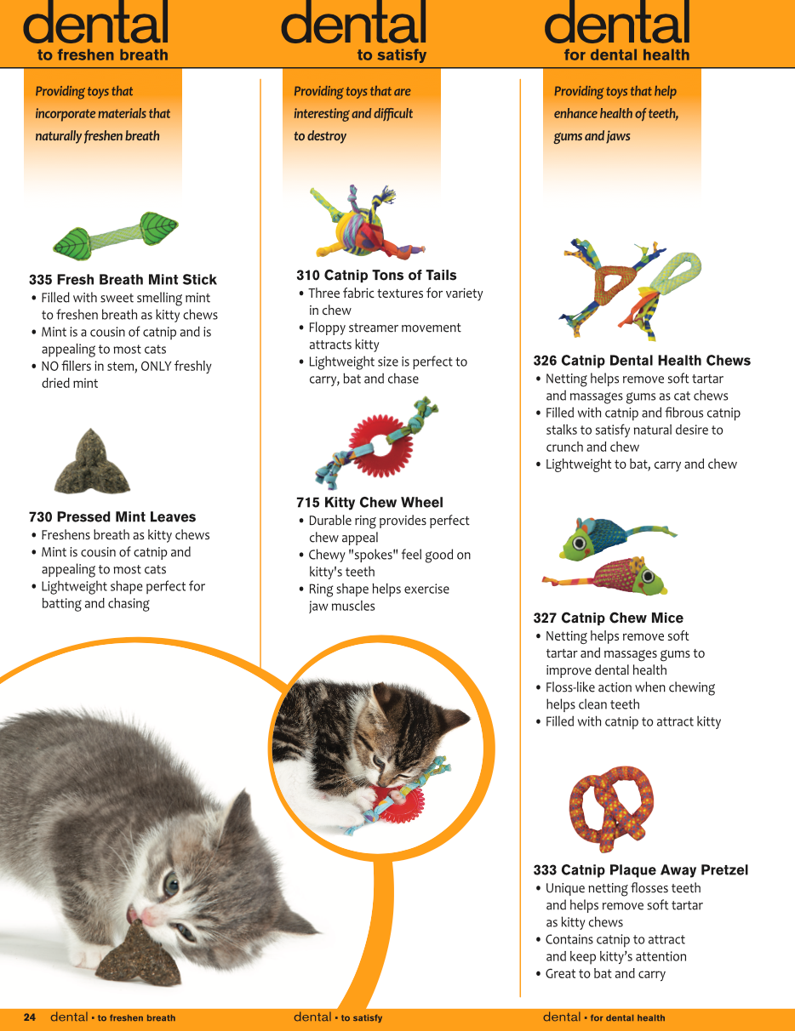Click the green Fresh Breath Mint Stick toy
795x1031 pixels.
coord(115,236)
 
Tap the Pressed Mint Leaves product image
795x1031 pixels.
coord(92,462)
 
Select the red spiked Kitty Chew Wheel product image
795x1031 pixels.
coord(377,443)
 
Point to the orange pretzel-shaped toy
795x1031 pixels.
coord(611,808)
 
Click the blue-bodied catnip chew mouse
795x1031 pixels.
coord(617,538)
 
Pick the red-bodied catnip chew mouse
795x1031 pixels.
coord(608,577)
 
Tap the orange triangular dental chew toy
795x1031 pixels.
coord(612,285)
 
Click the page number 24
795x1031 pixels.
coord(30,1017)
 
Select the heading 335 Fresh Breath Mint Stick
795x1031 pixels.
coord(123,280)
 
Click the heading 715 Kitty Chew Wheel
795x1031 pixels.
coord(369,502)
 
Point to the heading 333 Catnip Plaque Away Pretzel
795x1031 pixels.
coord(640,869)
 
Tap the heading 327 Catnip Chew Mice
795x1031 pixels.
coord(608,618)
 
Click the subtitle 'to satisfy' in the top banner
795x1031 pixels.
coord(392,55)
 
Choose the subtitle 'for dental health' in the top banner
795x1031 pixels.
coord(626,55)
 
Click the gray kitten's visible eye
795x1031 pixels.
coord(171,885)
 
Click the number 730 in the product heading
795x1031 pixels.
coord(40,516)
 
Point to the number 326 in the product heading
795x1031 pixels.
coord(545,361)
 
